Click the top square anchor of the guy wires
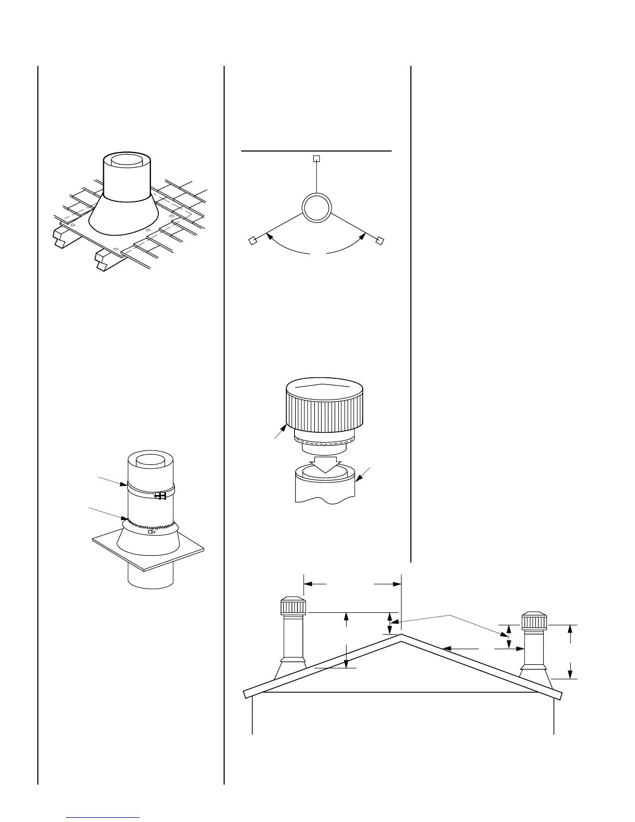tap(317, 158)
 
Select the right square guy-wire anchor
tap(380, 240)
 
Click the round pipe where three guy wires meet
tap(316, 209)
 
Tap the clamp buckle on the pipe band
tap(161, 496)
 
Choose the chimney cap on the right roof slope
tap(534, 621)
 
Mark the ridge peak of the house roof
tap(401, 635)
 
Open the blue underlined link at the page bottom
tap(103, 817)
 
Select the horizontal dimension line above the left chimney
tap(352, 584)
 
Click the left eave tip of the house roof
tap(244, 694)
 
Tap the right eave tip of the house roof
tap(561, 695)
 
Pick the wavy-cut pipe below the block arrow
tap(325, 488)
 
